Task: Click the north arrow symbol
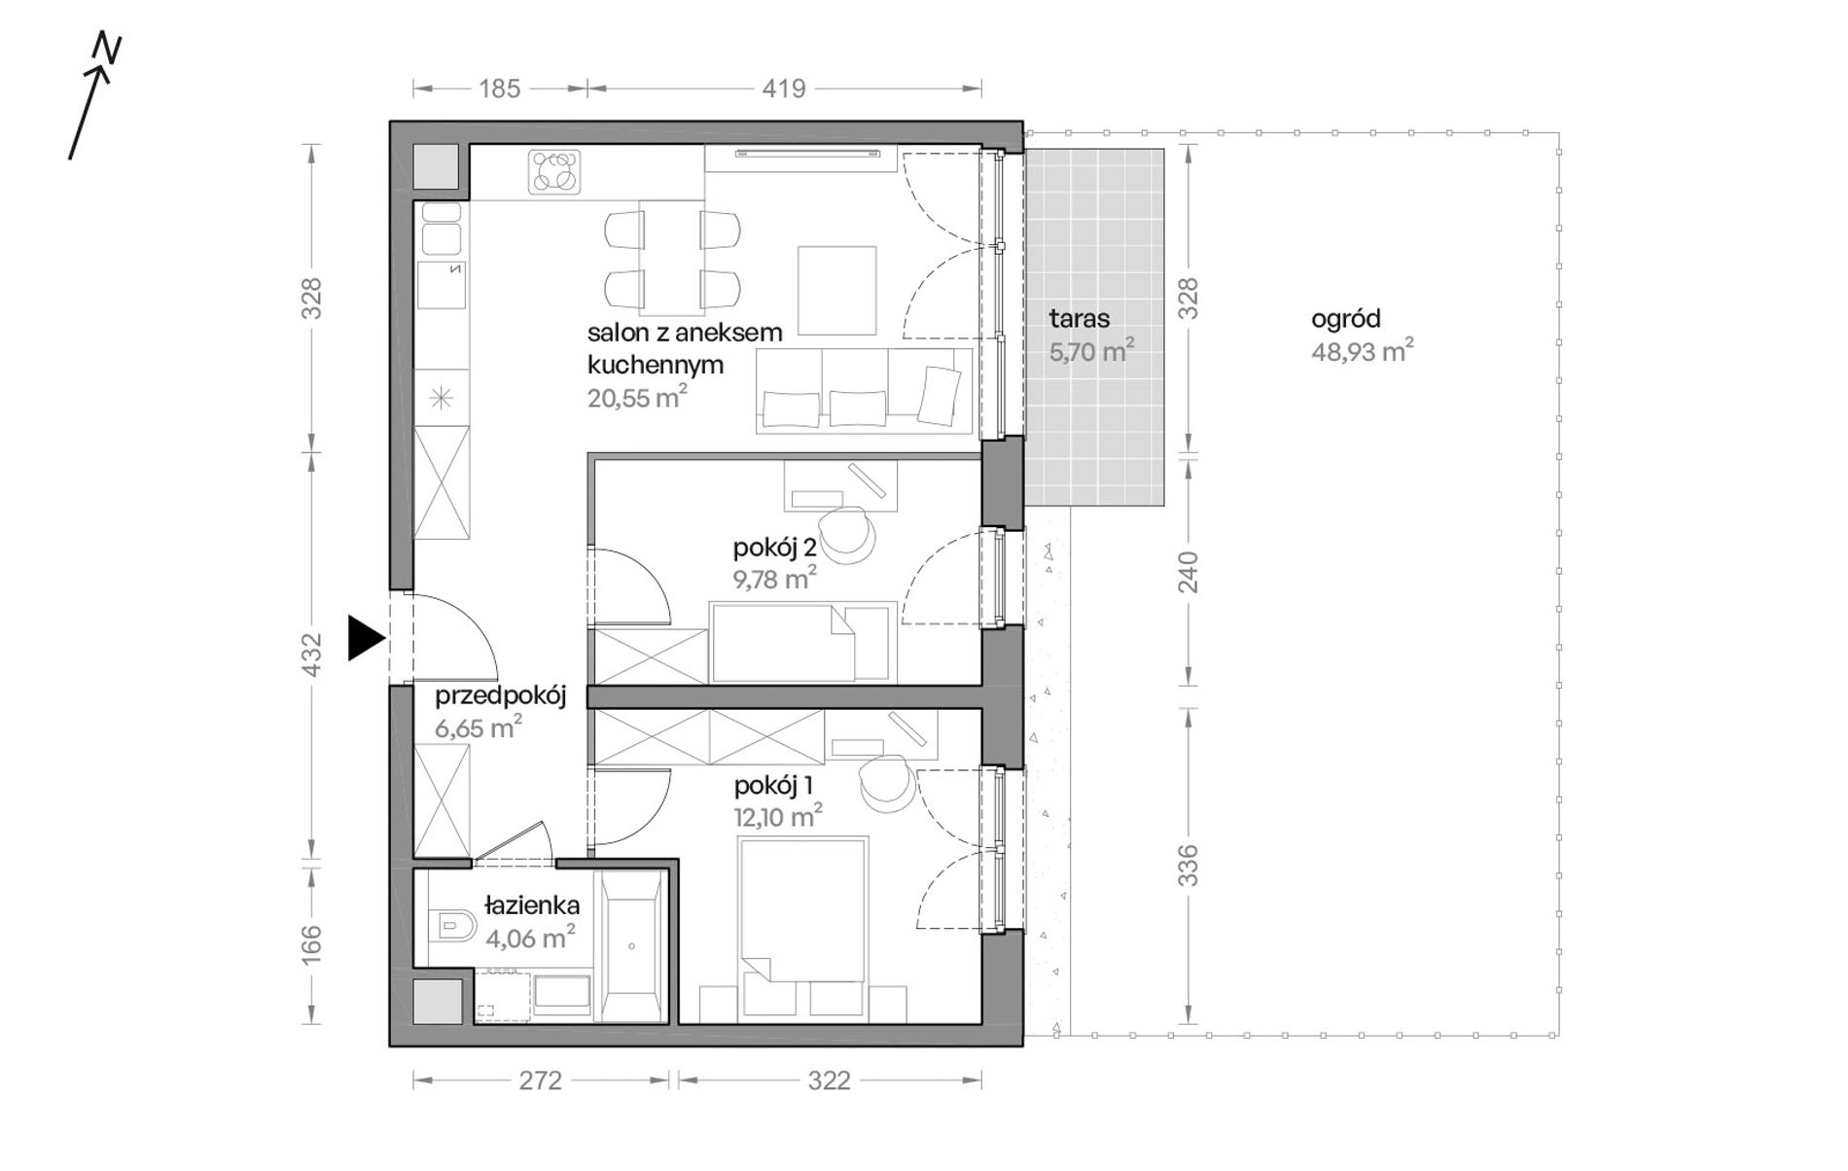(93, 97)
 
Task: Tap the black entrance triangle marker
(367, 639)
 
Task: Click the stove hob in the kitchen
(555, 172)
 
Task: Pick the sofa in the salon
(865, 390)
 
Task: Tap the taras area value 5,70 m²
(1091, 350)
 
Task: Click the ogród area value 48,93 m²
(1362, 350)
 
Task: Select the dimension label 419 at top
(784, 89)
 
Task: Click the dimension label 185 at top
(500, 89)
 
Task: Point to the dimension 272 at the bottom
(540, 1081)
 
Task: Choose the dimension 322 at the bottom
(829, 1081)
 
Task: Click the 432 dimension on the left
(311, 655)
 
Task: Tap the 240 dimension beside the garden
(1189, 573)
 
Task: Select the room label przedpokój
(500, 696)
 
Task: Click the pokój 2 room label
(774, 549)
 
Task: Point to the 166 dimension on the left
(311, 944)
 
